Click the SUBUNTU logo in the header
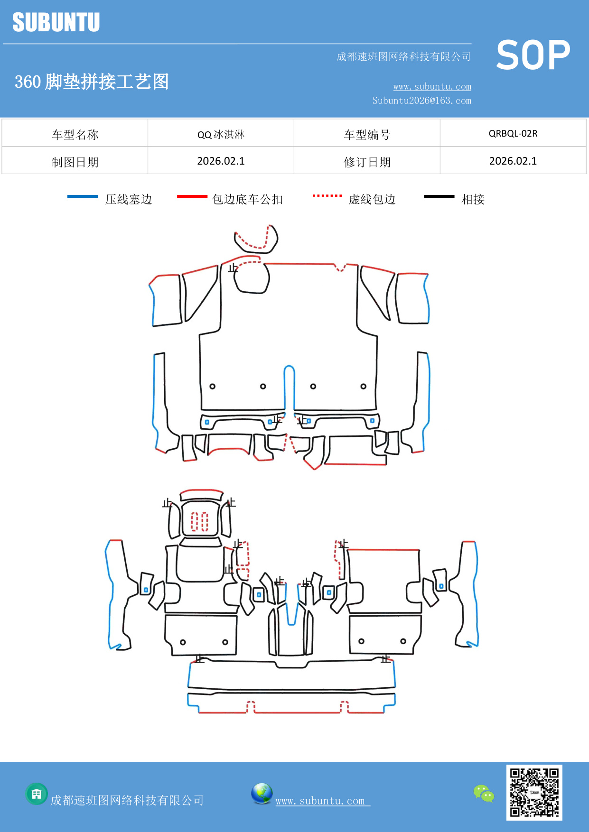[x=56, y=22]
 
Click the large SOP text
[x=533, y=55]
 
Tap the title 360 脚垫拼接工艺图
[x=92, y=82]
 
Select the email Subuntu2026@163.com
[x=421, y=101]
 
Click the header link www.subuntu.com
[x=432, y=86]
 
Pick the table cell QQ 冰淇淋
[x=221, y=134]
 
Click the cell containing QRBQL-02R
[x=513, y=133]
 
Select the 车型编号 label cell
[x=367, y=135]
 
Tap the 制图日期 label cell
[x=75, y=162]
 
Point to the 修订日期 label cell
[x=367, y=162]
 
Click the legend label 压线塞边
[x=128, y=199]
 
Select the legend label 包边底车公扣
[x=247, y=199]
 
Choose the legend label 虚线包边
[x=372, y=199]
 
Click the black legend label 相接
[x=473, y=199]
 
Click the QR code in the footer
[x=534, y=792]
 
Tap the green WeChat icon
[x=484, y=794]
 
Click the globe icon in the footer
[x=262, y=794]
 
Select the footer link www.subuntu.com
[x=322, y=801]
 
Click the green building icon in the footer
[x=37, y=794]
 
